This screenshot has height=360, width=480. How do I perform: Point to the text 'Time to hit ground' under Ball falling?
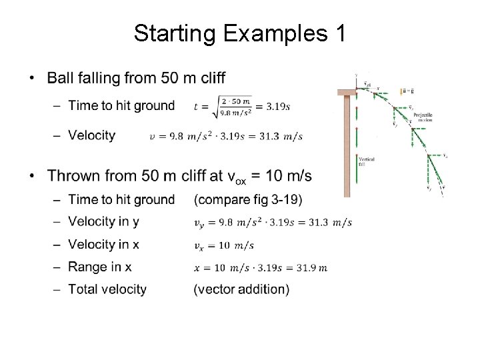pos(121,105)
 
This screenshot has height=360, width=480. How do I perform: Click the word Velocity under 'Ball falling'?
pos(92,135)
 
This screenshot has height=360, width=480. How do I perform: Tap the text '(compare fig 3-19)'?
pos(247,199)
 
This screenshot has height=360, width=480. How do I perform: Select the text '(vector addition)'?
pos(241,289)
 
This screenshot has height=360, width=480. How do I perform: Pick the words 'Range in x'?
pos(100,267)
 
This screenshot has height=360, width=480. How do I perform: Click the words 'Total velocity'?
pos(107,289)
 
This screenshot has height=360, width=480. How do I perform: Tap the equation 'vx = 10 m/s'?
pos(223,245)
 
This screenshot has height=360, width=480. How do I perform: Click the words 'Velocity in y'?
pos(103,221)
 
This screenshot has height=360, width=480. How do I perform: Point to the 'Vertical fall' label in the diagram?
pos(366,161)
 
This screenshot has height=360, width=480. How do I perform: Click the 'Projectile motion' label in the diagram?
pos(423,117)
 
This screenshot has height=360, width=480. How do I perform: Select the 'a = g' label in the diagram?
pos(407,91)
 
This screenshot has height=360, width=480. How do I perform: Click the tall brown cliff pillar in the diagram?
pos(347,147)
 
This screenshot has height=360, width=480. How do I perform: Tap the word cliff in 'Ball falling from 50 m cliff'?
pos(221,79)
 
